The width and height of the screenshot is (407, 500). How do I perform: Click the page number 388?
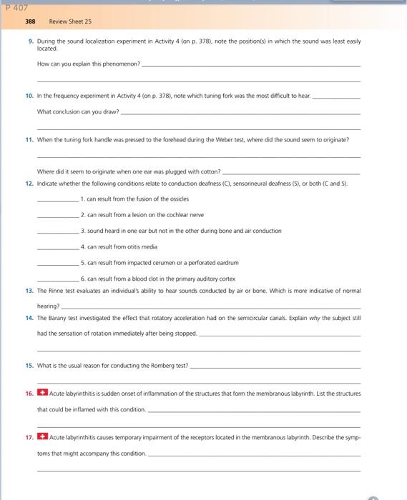[x=29, y=22]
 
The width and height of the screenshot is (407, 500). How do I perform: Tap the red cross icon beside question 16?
[x=42, y=393]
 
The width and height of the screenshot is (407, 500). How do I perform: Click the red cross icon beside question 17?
[x=42, y=435]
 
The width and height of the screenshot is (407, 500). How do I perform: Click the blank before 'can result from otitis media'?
[x=58, y=246]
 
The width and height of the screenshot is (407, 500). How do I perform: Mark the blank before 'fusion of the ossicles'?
[x=58, y=199]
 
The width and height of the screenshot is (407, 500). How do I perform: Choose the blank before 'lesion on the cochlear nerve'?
[x=58, y=214]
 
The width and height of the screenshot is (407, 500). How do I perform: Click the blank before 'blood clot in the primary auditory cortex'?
[x=58, y=279]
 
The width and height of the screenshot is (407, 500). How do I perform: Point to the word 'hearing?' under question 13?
[x=49, y=305]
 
